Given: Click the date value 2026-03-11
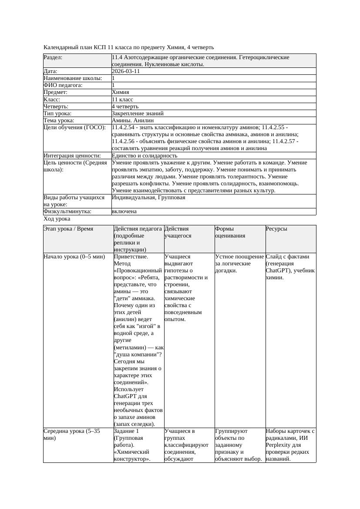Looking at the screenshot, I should click(126, 71).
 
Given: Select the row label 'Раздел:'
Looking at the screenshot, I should click(53, 57).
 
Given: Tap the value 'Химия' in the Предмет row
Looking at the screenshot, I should click(120, 92).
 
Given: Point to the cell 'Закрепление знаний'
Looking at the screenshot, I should click(138, 113).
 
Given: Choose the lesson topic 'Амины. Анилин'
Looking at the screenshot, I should click(132, 120).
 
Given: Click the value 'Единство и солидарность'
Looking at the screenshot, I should click(145, 155).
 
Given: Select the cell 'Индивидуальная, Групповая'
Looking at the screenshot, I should click(148, 198).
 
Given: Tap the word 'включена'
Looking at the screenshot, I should click(124, 211).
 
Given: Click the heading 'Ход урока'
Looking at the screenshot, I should click(57, 219).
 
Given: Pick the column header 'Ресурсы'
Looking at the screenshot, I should click(276, 228).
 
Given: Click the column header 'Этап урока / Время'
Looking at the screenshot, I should click(68, 228).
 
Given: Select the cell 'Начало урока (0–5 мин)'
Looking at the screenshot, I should click(74, 257).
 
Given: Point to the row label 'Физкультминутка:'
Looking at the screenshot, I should click(67, 211).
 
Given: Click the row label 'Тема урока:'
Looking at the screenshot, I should click(59, 120).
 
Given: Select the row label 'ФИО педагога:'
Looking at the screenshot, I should click(63, 85).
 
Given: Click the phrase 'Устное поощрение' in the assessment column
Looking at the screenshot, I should click(239, 257).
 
